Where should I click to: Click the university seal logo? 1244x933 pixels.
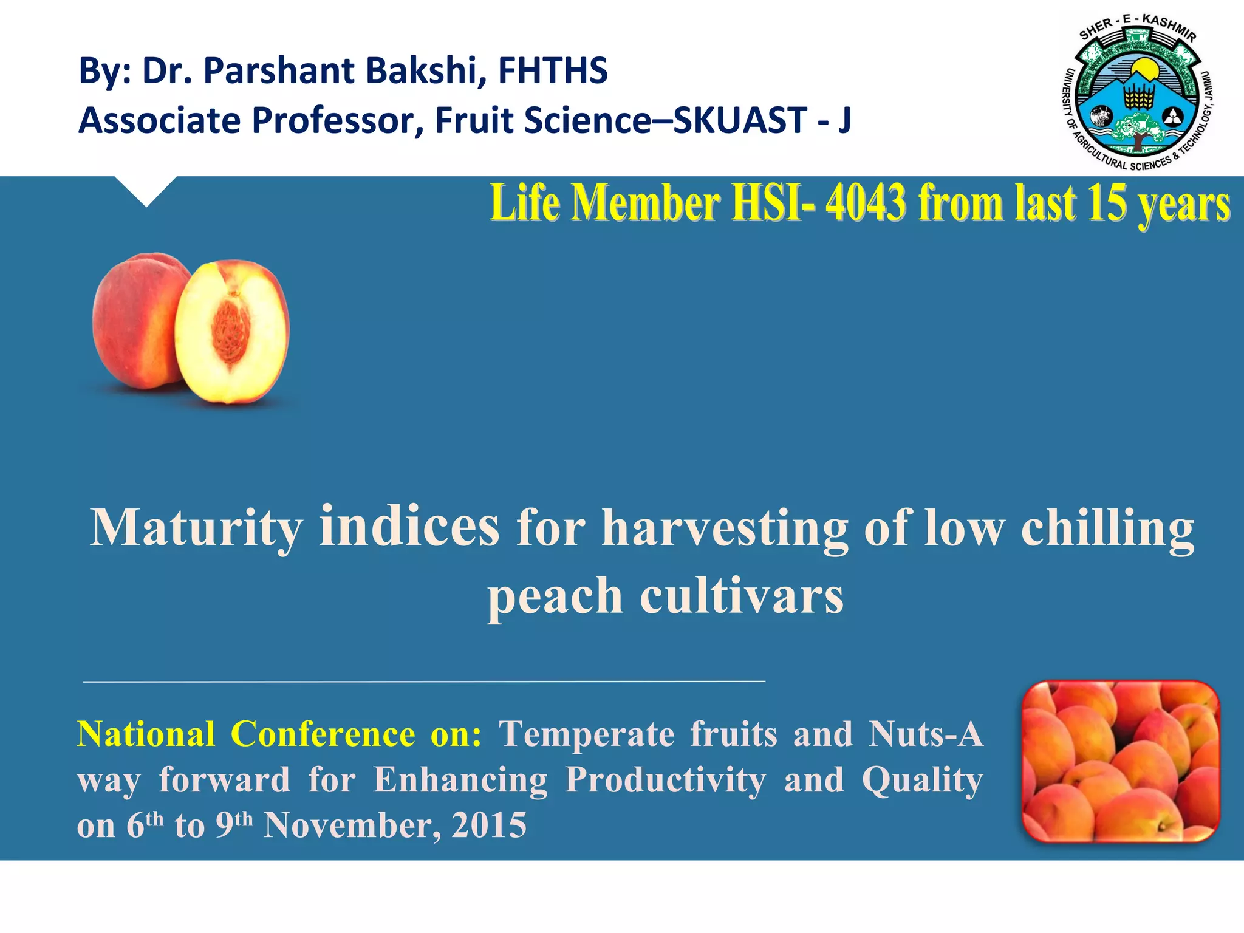point(1138,92)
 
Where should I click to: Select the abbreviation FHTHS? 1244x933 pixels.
point(553,71)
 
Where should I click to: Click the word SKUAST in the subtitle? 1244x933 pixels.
point(740,120)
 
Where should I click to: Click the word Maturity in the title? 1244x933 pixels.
point(196,528)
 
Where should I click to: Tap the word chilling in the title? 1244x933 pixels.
point(1107,528)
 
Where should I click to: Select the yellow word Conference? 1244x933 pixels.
point(323,734)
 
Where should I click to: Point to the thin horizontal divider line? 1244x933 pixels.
point(424,682)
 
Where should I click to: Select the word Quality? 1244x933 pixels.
point(922,780)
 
